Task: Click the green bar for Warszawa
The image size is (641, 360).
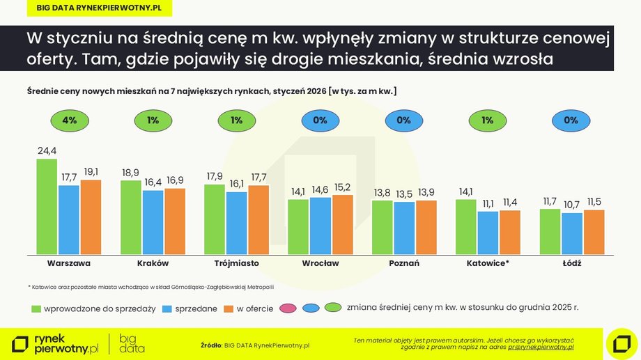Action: [47, 207]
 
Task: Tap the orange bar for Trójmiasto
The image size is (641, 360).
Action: [258, 219]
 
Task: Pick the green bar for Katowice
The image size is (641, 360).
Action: [466, 226]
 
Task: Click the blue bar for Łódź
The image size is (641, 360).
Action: [571, 233]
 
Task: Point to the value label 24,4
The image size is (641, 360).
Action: [47, 150]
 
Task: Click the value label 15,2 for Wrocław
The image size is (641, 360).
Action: [343, 187]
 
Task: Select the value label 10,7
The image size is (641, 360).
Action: [571, 205]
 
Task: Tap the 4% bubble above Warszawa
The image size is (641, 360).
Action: [69, 120]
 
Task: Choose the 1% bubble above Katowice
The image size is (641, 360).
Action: [487, 120]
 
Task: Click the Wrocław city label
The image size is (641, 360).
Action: [320, 264]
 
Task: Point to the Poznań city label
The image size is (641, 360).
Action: [404, 264]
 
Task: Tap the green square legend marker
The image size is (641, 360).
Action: [36, 308]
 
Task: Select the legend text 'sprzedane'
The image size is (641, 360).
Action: [197, 308]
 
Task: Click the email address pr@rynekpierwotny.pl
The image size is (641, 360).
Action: [541, 346]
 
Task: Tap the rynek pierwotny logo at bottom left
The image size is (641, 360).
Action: [56, 343]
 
